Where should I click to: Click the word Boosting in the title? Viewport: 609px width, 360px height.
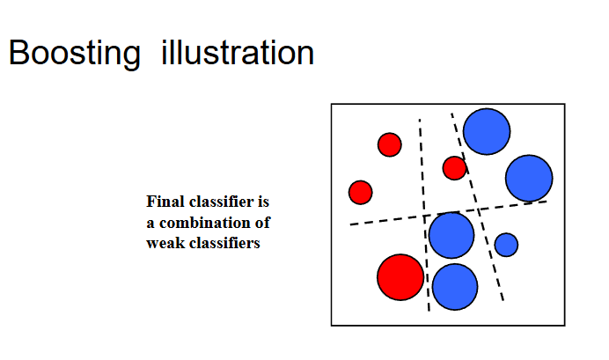[x=74, y=54]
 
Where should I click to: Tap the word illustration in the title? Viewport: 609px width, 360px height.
[x=238, y=54]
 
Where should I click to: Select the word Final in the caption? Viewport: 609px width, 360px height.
[x=164, y=202]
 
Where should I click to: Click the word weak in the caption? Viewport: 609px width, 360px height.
[x=165, y=243]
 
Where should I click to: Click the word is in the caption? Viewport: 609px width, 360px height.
[x=261, y=202]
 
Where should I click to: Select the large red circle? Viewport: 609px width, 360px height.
[x=400, y=276]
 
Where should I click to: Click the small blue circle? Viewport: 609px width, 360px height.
[x=506, y=244]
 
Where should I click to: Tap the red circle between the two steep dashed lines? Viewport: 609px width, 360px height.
[x=454, y=167]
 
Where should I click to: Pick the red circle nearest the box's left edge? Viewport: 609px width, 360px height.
[x=360, y=192]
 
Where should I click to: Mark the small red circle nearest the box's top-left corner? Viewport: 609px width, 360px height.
[x=389, y=144]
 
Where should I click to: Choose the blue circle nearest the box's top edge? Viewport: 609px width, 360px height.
[x=487, y=131]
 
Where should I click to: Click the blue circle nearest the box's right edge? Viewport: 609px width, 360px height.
[x=529, y=178]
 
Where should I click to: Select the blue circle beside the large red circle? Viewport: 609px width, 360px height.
[x=454, y=286]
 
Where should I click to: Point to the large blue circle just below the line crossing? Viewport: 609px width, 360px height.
[x=451, y=235]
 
